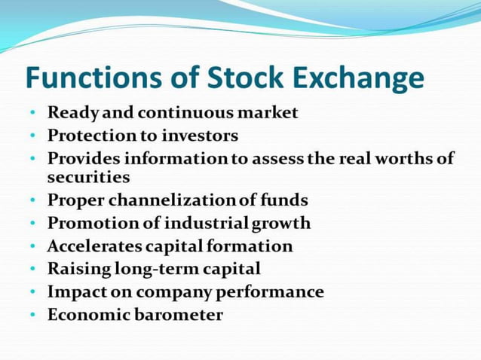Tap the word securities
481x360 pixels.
coord(88,178)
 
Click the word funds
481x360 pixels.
coord(284,201)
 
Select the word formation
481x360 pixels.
coord(250,246)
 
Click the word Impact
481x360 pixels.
coord(75,291)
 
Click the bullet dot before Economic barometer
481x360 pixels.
coord(33,315)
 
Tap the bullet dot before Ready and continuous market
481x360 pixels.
coord(33,113)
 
